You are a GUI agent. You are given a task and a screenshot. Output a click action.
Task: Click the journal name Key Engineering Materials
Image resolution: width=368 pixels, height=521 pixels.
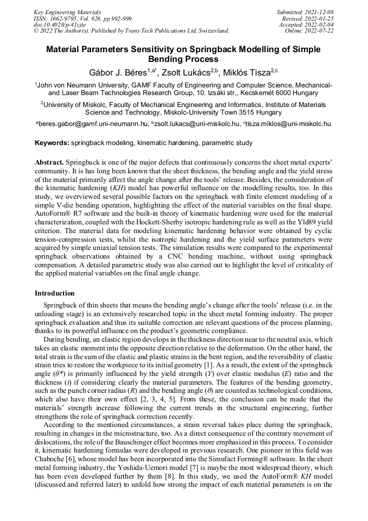(67, 11)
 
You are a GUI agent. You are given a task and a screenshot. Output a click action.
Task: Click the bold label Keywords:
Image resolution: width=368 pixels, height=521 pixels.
(52, 143)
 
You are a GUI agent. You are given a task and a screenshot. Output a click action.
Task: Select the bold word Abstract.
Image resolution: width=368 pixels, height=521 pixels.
(49, 162)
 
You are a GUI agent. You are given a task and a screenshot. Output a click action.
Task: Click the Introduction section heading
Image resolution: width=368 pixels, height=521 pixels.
(55, 293)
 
